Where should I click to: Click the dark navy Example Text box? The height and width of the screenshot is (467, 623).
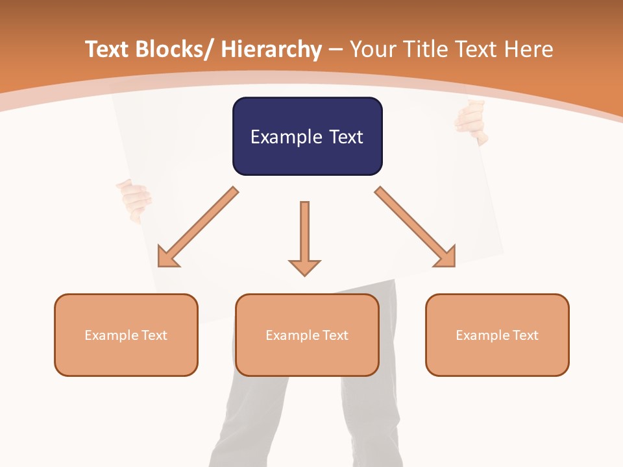[307, 136]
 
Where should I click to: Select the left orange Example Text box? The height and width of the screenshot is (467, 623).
[126, 335]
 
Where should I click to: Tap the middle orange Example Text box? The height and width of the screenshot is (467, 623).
[307, 335]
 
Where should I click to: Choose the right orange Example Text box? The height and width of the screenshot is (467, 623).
[497, 335]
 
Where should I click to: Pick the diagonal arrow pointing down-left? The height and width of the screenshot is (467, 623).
[197, 227]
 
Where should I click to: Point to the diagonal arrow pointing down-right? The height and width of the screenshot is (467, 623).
[415, 227]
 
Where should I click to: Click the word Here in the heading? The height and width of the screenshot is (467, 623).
[530, 49]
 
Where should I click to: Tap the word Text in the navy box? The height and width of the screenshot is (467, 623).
[345, 137]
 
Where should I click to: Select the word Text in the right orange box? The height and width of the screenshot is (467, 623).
[524, 335]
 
